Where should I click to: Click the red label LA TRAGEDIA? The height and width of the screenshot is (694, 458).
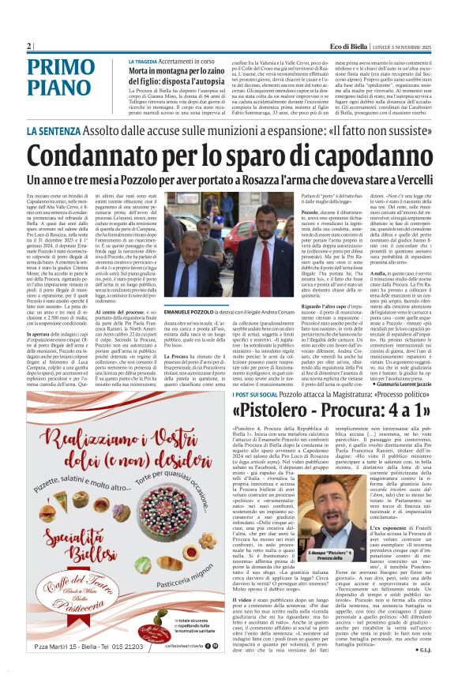[146, 62]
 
